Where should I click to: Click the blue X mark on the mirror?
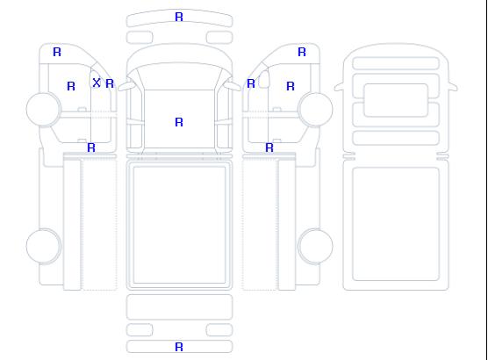(x=97, y=83)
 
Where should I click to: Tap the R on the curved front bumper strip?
(x=179, y=17)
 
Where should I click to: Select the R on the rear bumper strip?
(x=179, y=347)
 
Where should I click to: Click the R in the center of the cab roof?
(x=179, y=122)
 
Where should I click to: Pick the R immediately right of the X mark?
(x=110, y=83)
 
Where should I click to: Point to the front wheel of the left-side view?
(x=44, y=109)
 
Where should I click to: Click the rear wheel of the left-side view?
(x=44, y=246)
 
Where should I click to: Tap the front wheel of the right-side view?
(x=315, y=109)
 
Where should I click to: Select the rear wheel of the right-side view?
(x=315, y=246)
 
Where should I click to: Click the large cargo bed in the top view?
(x=179, y=225)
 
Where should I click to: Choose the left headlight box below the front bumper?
(x=140, y=38)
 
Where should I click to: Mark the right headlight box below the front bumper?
(x=219, y=38)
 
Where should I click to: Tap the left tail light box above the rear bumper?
(x=140, y=330)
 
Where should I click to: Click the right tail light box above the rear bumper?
(x=219, y=330)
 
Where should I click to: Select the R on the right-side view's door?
(x=291, y=86)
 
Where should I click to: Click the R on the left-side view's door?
(x=71, y=86)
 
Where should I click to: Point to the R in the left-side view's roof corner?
(x=57, y=52)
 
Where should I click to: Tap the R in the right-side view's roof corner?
(x=302, y=52)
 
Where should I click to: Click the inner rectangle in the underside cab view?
(x=396, y=100)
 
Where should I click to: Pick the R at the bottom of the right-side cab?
(x=269, y=148)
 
